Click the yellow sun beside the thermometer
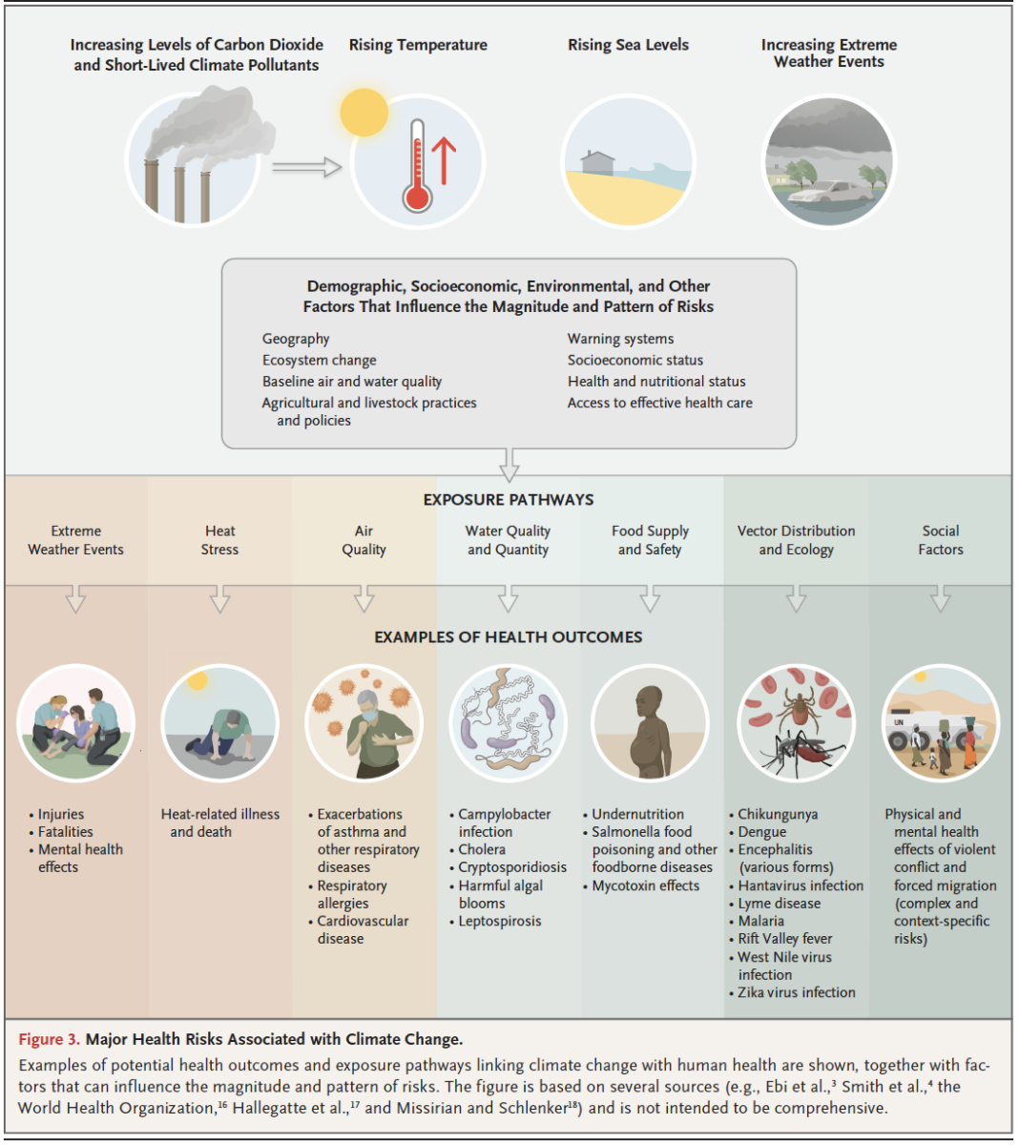(x=364, y=112)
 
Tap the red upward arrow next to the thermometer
(x=444, y=161)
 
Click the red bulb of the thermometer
(x=417, y=198)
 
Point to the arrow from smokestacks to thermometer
(x=307, y=167)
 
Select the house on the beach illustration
(x=597, y=163)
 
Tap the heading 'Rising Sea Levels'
(x=628, y=45)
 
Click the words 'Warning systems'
(x=620, y=339)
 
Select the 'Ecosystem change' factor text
(x=319, y=360)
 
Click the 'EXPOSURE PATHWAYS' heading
(x=509, y=500)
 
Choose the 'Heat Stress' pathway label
(x=219, y=540)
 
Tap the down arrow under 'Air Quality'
(x=364, y=599)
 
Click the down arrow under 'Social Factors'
(x=941, y=599)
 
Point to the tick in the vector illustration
(x=798, y=709)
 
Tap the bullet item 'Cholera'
(x=478, y=849)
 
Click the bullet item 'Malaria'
(x=757, y=921)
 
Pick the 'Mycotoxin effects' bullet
(x=641, y=885)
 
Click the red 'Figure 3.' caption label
(x=50, y=1039)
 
